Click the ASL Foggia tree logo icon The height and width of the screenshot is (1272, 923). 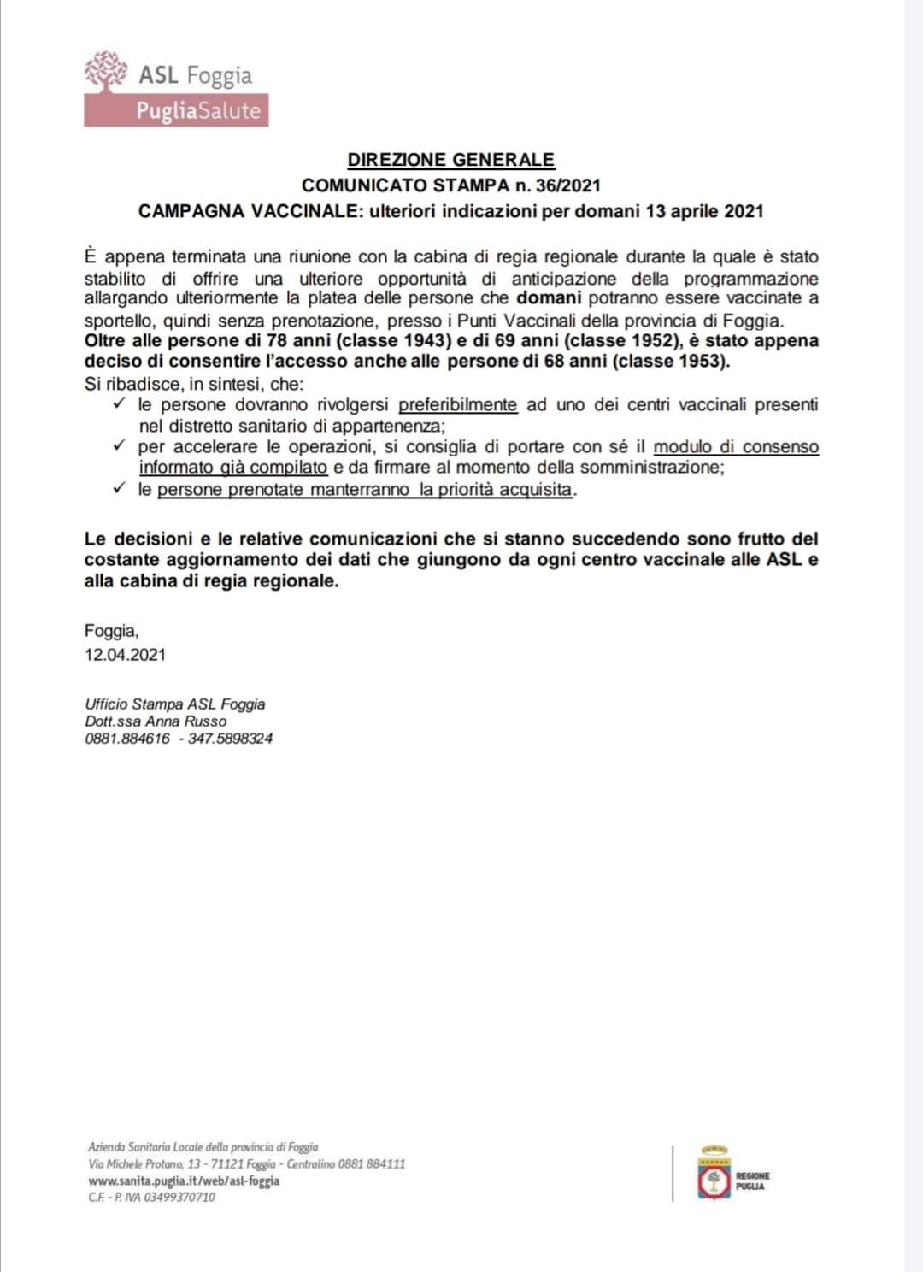pos(107,71)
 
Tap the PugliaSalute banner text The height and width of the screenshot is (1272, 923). pos(197,111)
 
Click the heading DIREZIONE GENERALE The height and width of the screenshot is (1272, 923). pos(450,160)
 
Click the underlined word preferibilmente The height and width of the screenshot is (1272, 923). pos(457,404)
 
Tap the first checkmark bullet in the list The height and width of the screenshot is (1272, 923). pos(121,403)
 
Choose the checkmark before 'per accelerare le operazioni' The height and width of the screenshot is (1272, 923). pos(121,446)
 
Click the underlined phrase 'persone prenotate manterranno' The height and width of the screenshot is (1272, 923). pos(283,490)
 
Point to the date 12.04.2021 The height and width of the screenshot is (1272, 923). pos(125,655)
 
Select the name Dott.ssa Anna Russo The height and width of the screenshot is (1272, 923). pos(156,721)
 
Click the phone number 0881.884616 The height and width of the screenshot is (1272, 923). pos(127,739)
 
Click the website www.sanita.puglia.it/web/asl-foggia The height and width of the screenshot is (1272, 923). pos(184,1181)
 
